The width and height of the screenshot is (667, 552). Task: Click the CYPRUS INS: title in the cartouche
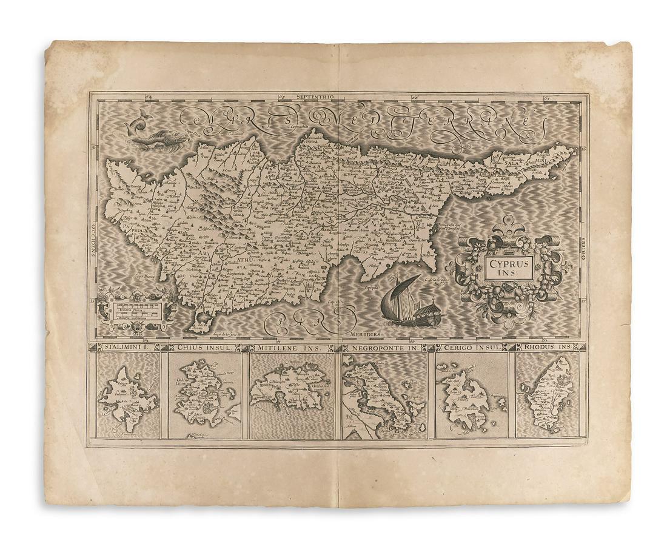coord(508,267)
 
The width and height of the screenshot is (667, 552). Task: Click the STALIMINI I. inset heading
coord(123,348)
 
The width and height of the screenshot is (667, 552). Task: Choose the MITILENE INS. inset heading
coord(291,348)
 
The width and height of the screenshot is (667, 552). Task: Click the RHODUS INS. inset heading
coord(548,348)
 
